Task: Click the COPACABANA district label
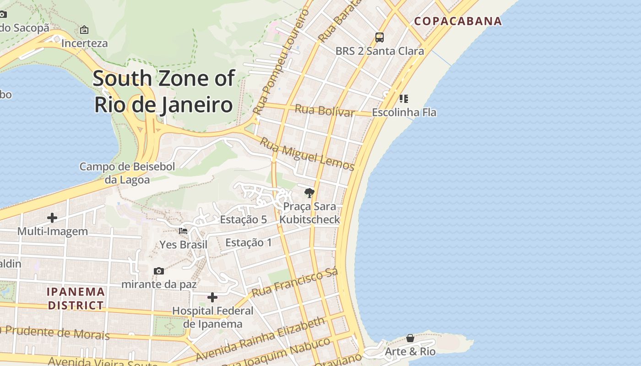click(458, 21)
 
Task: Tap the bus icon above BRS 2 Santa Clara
click(380, 38)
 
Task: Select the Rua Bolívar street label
click(325, 111)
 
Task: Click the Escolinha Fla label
click(404, 112)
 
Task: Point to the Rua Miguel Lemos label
click(307, 154)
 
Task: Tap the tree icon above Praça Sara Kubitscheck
click(310, 193)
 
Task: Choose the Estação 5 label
click(243, 220)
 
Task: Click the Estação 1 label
click(249, 242)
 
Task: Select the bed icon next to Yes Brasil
click(183, 231)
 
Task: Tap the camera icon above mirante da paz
click(159, 271)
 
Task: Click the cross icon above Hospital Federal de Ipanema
click(212, 298)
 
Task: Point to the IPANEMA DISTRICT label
click(76, 298)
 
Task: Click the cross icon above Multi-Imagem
click(52, 218)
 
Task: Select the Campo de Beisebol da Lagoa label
click(127, 173)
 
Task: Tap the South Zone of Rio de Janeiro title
click(164, 91)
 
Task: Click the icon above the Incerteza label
click(84, 30)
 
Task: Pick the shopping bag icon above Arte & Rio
click(410, 338)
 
